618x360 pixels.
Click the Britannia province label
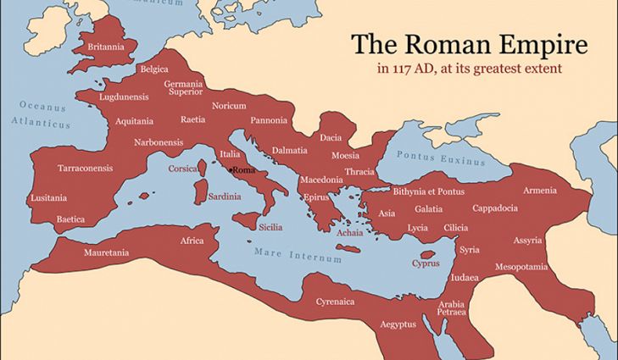106,46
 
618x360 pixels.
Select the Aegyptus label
398,324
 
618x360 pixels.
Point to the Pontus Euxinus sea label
442,157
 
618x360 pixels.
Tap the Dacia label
331,137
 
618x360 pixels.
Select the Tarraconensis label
85,168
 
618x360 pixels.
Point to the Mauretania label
106,252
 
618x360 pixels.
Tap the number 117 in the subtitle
404,68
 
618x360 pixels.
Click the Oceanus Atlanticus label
42,115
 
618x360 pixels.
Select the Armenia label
540,190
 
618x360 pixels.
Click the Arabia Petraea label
452,308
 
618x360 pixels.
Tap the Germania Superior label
184,88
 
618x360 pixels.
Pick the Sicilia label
270,227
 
